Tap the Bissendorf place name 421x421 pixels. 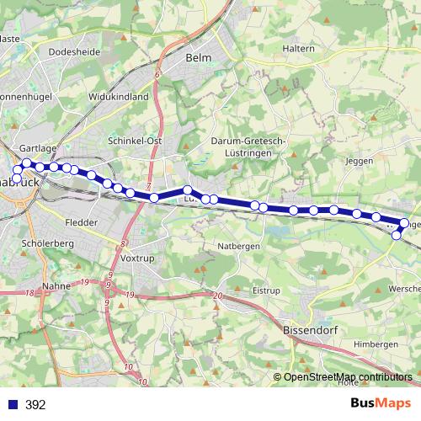tap(311, 331)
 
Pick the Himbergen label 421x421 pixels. tap(376, 345)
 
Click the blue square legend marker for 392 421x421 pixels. tap(13, 405)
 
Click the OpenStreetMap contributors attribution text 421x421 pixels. tap(348, 377)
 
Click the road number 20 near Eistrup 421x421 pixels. tap(219, 296)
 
